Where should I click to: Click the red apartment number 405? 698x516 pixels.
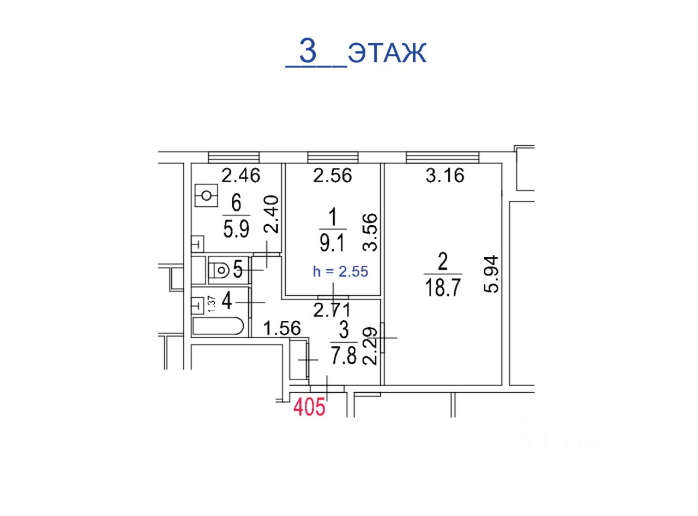coord(309,406)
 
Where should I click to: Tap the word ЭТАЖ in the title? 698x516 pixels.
coord(387,53)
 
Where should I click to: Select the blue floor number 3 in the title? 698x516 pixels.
coord(308,51)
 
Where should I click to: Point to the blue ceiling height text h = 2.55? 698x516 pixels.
coord(340,272)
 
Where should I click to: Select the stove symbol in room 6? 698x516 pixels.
coord(207,195)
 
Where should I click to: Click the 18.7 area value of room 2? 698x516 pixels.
coord(443,287)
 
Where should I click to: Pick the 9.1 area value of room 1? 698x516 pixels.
coord(333,243)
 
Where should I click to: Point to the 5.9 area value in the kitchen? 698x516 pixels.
coord(236,229)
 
